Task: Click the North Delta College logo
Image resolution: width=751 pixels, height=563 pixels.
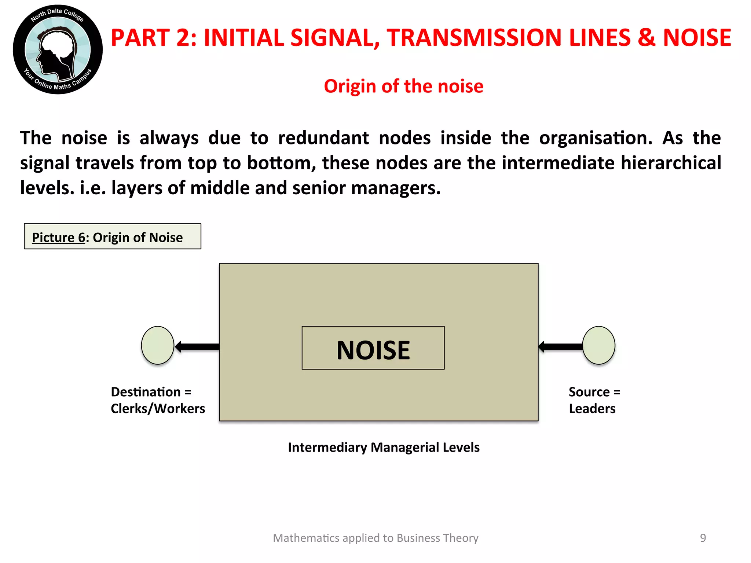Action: coord(58,49)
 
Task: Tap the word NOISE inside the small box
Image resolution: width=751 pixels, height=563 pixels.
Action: coord(373,350)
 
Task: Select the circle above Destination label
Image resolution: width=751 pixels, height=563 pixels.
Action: coord(158,345)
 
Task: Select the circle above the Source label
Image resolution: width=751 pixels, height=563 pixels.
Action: coord(598,345)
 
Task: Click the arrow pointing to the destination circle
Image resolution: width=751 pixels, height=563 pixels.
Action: coord(197,346)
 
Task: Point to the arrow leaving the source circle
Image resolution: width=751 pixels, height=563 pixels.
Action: coord(560,346)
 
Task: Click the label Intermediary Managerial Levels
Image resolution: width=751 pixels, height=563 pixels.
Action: coord(384,447)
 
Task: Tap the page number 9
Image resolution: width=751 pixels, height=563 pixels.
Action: coord(703,538)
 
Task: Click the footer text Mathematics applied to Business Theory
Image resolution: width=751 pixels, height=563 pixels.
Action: coord(375,538)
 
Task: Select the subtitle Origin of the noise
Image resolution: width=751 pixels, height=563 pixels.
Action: coord(403,87)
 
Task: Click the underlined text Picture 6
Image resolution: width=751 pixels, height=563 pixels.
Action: coord(58,238)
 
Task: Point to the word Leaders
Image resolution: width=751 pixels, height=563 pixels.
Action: coord(592,408)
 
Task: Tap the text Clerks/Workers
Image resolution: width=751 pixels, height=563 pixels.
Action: coord(158,408)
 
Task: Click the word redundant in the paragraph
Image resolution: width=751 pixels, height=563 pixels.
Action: coord(323,138)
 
